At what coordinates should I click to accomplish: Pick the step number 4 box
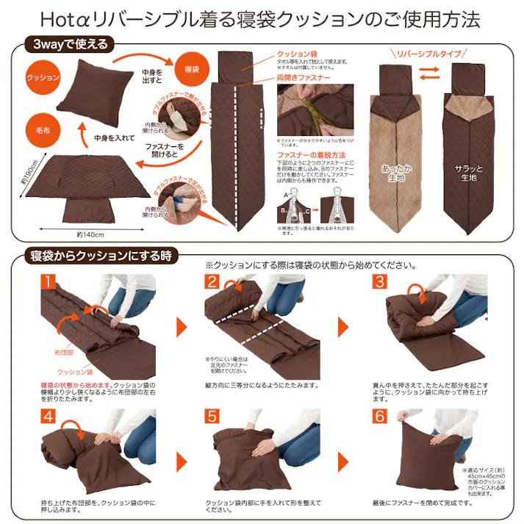49,417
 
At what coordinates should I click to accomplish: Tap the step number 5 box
213,417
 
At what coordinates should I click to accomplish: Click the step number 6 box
379,417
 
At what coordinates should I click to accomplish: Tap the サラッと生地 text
469,174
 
